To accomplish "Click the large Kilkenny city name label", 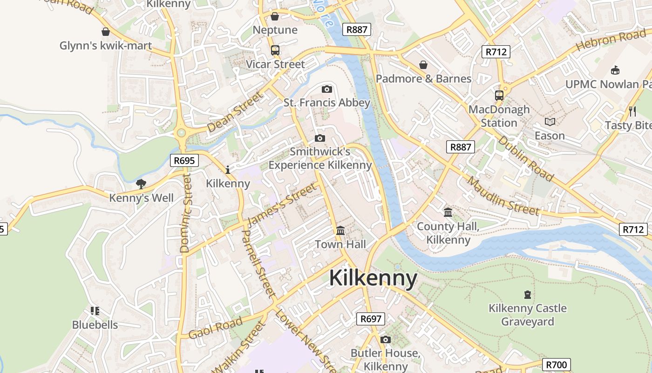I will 373,278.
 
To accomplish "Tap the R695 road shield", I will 184,161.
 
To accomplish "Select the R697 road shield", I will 371,319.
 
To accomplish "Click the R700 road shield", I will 556,365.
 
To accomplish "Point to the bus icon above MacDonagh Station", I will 499,96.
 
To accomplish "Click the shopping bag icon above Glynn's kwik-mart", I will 106,32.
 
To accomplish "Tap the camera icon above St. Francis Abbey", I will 327,89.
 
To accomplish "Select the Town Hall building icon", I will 340,230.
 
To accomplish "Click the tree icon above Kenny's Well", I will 141,184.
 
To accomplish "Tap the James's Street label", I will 282,205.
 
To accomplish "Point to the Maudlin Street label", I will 503,196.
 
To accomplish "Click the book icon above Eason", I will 550,122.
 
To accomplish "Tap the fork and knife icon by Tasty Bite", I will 632,111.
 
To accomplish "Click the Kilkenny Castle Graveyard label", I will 527,315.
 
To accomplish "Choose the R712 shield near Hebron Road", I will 496,52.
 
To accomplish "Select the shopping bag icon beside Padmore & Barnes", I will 423,65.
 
